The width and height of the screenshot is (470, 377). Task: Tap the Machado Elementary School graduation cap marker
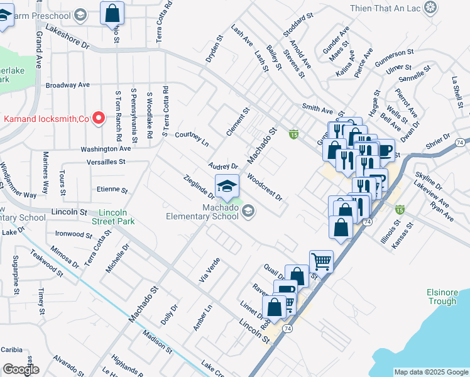point(227,185)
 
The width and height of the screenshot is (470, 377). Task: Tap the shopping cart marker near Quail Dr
point(321,261)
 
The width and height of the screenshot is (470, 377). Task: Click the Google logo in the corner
point(21,369)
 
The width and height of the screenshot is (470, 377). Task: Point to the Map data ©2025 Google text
point(430,372)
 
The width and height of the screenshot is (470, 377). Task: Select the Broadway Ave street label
point(67,85)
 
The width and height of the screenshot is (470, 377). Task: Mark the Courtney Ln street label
point(192,135)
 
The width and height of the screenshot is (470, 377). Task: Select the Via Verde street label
point(209,270)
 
